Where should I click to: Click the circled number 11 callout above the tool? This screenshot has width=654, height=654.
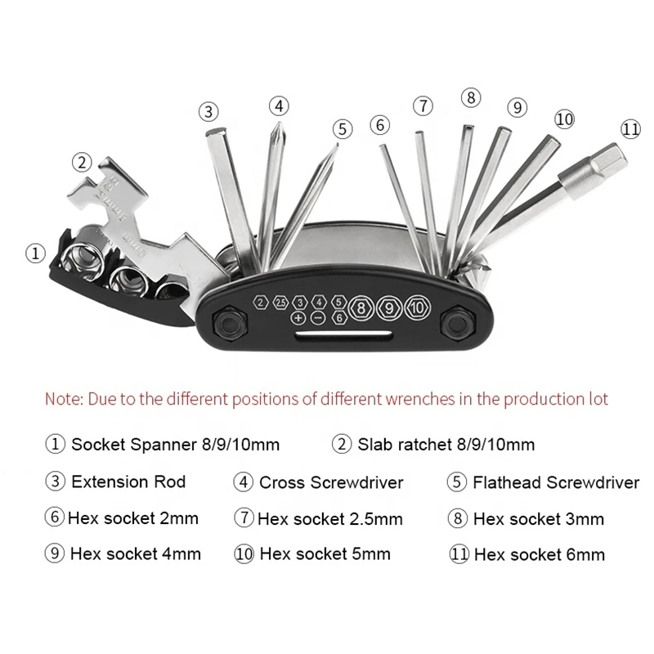point(630,129)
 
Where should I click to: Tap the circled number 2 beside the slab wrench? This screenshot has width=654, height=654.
point(82,162)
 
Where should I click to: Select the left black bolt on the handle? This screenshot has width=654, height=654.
point(230,323)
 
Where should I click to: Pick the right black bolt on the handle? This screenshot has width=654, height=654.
point(458,323)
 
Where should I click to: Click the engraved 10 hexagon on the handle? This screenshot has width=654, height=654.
point(417,308)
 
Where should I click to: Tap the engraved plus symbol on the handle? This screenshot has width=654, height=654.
point(298,318)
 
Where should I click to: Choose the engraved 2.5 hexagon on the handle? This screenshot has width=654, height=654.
point(280,302)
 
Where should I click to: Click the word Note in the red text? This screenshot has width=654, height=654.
point(64,399)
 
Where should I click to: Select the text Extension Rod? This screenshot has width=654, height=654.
point(128,482)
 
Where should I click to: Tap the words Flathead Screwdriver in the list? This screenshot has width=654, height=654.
point(556,482)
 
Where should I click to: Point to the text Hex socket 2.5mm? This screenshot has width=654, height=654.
point(330,519)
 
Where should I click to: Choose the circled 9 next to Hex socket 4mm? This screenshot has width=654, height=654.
point(54,554)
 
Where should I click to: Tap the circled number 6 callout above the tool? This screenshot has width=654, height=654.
point(380,125)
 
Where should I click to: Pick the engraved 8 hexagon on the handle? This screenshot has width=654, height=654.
point(361,308)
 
